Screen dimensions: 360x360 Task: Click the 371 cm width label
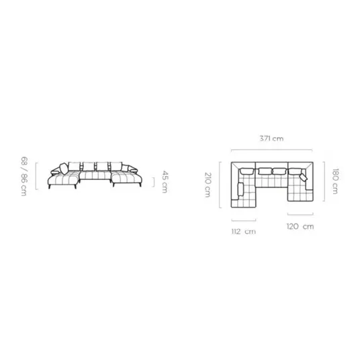coord(271,138)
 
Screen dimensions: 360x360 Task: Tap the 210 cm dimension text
coord(208,185)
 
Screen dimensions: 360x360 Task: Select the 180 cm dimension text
coord(335,181)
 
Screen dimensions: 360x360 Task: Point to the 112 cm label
coord(244,232)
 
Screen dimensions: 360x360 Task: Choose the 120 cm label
coord(300,226)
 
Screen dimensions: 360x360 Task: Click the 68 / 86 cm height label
coord(24,177)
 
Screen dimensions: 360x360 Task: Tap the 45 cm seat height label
coord(165,181)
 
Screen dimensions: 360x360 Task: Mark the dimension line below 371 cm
coord(271,150)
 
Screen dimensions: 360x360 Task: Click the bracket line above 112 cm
coord(244,220)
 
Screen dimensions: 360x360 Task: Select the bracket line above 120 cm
coord(300,214)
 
